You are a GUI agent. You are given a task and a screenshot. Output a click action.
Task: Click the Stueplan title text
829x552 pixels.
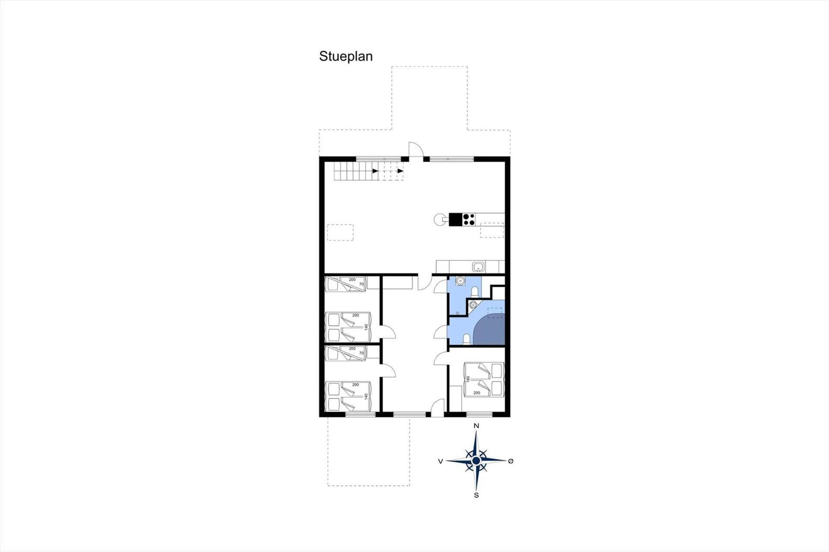(346, 56)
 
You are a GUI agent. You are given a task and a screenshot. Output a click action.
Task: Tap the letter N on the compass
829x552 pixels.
(476, 426)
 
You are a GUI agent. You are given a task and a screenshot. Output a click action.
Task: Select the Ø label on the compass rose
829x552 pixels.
(511, 461)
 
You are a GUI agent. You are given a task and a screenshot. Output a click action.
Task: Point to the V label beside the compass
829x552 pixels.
(440, 461)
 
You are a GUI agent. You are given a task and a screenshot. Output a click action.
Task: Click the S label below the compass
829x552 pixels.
(476, 496)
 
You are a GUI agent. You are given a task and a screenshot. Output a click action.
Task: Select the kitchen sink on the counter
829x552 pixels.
(478, 266)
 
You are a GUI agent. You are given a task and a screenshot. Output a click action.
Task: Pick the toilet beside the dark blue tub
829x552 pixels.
(467, 339)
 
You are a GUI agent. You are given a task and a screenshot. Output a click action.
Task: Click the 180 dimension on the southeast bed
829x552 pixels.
(468, 379)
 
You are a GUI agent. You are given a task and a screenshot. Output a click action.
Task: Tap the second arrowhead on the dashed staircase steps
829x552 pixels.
(401, 171)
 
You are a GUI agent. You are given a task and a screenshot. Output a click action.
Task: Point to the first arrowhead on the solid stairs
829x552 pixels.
(375, 171)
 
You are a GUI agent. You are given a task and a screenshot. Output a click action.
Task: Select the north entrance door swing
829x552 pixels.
(416, 150)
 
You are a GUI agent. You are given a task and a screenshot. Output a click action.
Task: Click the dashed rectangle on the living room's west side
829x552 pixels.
(340, 233)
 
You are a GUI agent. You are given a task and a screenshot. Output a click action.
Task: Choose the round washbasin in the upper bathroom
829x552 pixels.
(460, 281)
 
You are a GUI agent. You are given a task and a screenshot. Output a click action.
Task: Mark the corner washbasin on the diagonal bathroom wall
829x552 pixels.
(473, 305)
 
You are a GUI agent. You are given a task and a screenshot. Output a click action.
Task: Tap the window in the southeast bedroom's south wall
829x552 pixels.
(479, 414)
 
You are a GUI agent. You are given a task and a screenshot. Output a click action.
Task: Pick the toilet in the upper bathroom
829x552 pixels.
(475, 292)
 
